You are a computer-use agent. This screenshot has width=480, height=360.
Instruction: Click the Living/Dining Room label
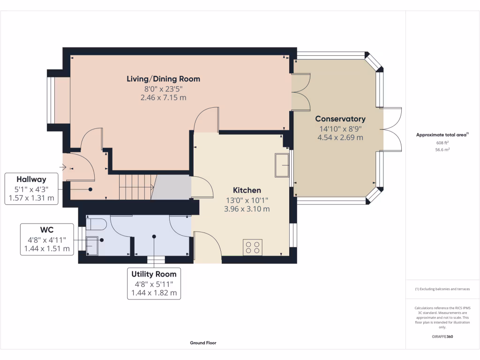164,79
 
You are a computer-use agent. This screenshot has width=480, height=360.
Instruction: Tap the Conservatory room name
340,119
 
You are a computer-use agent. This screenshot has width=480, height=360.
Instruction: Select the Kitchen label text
247,190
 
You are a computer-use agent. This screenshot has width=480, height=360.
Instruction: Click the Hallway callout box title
31,180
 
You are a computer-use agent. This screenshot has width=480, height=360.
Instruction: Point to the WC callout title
47,230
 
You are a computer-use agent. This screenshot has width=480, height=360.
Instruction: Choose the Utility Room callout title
154,274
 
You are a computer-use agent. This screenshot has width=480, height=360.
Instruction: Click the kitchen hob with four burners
253,247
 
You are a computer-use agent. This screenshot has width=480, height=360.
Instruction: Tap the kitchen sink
282,165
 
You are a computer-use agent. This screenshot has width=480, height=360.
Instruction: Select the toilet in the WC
96,225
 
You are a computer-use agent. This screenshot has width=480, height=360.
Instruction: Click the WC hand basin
92,246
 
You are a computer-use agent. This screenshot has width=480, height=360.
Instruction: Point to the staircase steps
138,187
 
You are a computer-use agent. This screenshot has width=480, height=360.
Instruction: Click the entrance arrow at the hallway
63,167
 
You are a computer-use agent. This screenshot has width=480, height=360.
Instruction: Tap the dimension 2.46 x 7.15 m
164,97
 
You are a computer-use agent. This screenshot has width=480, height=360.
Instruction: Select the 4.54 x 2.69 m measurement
340,137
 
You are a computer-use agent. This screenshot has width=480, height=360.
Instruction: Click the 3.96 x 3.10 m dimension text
247,209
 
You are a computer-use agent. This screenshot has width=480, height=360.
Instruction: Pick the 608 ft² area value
442,142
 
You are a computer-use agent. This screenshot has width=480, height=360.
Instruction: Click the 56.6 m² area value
442,150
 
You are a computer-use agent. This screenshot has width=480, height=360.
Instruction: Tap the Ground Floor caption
203,343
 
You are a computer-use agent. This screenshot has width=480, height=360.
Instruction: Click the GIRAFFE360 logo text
442,337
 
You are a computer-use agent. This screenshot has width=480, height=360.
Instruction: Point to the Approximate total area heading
442,135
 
